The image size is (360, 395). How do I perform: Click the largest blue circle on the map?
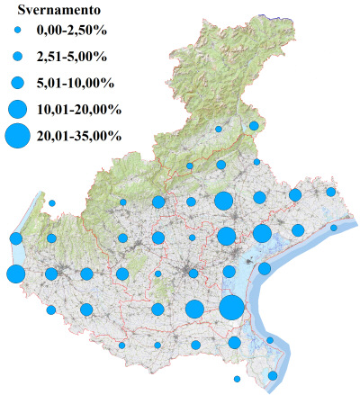(x=231, y=308)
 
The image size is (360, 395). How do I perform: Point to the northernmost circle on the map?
(x=255, y=126)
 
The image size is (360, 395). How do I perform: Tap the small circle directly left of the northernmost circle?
(x=219, y=130)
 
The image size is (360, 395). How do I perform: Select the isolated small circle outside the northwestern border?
(x=52, y=203)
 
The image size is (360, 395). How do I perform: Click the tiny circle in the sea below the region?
(x=238, y=378)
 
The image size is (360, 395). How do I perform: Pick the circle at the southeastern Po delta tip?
(x=274, y=375)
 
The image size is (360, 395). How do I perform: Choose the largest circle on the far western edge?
(x=15, y=274)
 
